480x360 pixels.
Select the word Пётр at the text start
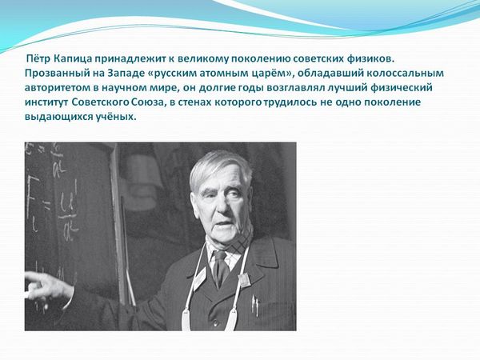coord(38,58)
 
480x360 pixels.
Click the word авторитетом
coord(58,88)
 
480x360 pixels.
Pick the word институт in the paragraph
coord(46,102)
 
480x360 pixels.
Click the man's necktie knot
coord(219,256)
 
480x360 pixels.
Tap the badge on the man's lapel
coord(244,280)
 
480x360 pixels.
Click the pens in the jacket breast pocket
coord(254,306)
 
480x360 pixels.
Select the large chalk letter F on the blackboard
coord(31,196)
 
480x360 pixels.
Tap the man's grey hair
coord(219,167)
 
